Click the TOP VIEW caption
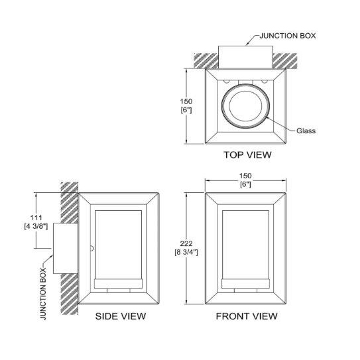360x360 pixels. coord(247,154)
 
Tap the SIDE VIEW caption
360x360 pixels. coord(121,316)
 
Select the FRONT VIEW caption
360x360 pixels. coord(247,316)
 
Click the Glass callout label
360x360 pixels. coord(306,131)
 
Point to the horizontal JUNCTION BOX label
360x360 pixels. coord(288,36)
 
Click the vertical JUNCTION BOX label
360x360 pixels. coord(43,294)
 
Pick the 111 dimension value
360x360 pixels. coord(36,217)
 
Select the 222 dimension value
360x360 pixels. coord(186,243)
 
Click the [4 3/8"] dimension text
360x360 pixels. coord(36,226)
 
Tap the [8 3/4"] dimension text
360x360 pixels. coord(186,252)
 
